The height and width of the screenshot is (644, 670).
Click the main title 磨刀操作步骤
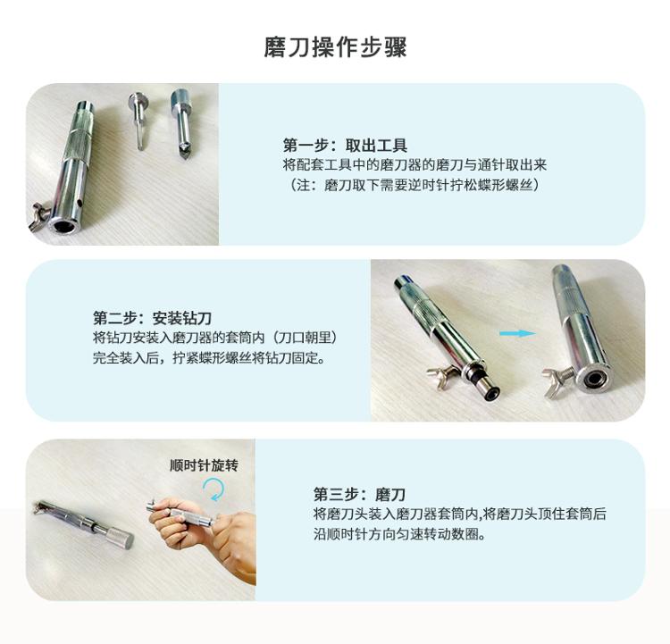335,47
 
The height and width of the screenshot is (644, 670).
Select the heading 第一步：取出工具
345,146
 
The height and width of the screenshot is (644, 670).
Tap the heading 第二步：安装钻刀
153,318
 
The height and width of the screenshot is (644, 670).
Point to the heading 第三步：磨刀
359,494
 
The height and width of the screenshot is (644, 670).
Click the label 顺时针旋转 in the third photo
204,465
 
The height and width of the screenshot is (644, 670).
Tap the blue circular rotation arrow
214,489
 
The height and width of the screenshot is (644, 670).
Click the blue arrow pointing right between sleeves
517,333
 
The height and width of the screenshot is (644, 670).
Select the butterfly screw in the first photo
38,217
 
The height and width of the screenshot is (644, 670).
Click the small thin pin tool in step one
138,121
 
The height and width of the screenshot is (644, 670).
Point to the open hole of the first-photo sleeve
61,224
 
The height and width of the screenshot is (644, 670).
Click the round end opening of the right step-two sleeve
592,379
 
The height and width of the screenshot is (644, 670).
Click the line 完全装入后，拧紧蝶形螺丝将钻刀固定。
209,357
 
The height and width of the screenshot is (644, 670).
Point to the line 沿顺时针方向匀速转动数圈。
400,534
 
